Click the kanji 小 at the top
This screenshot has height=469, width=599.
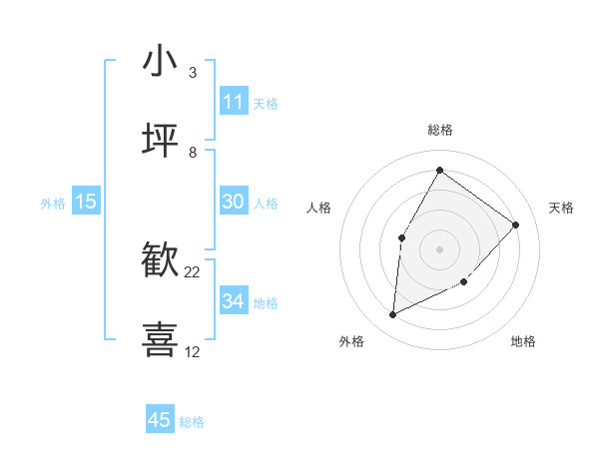click(160, 62)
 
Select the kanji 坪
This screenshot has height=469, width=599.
click(160, 141)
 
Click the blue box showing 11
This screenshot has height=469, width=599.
click(234, 102)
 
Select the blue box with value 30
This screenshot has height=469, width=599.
click(234, 202)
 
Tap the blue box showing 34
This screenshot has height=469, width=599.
click(234, 301)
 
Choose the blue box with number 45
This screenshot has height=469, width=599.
click(160, 420)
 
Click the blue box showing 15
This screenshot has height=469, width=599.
click(86, 202)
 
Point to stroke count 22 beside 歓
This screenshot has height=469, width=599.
click(193, 272)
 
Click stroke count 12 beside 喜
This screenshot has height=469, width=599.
click(193, 351)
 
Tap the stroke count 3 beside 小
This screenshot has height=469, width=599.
click(193, 73)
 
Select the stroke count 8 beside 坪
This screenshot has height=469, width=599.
click(193, 152)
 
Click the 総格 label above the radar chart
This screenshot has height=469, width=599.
click(440, 130)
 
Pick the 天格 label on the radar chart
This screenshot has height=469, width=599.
click(561, 208)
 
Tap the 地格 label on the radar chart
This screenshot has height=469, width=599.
click(523, 341)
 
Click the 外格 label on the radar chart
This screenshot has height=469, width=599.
click(351, 341)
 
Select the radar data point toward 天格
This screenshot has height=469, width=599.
click(515, 225)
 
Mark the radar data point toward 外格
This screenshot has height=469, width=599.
click(393, 315)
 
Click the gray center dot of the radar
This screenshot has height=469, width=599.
click(439, 248)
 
